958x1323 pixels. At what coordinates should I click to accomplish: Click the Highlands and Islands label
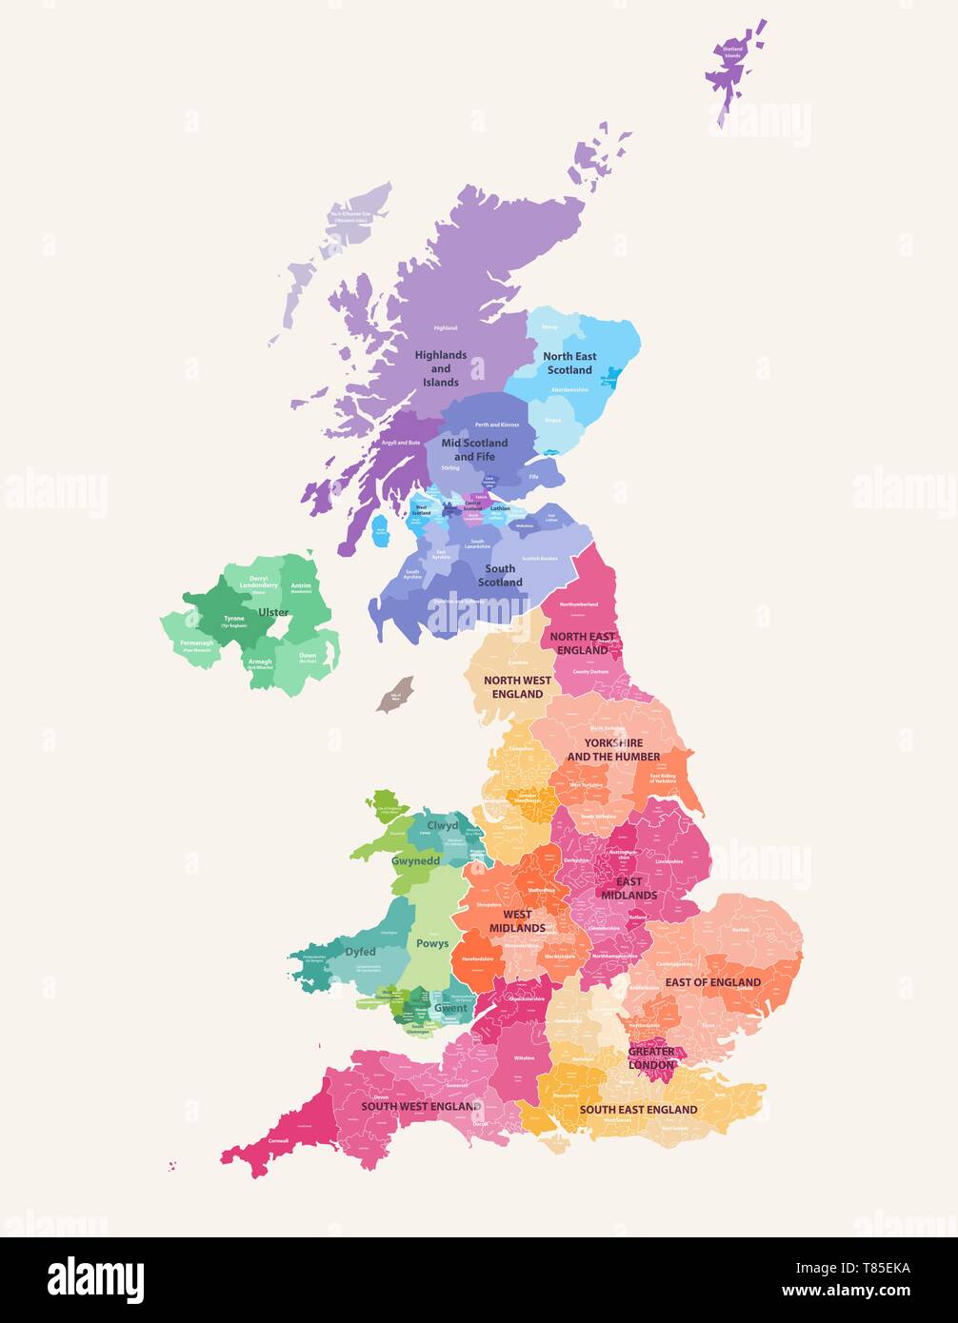coord(441,368)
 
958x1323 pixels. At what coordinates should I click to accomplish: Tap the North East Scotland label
coord(569,363)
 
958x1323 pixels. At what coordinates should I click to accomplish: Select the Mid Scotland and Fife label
coord(474,449)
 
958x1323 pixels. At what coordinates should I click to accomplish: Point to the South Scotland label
coord(500,575)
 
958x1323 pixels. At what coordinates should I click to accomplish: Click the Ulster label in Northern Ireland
coord(273,613)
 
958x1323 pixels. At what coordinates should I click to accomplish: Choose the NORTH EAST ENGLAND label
coord(582,643)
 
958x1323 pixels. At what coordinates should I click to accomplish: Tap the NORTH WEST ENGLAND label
coord(518,687)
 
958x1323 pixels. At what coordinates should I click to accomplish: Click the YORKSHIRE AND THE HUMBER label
coord(613,749)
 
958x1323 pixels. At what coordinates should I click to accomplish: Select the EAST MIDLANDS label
coord(629,888)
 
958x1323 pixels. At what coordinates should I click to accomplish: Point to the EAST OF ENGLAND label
coord(713,982)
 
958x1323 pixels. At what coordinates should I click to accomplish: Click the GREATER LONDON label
coord(651,1058)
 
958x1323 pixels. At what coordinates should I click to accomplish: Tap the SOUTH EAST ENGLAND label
coord(638,1110)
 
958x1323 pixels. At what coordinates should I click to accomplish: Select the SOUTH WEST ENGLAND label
coord(420,1107)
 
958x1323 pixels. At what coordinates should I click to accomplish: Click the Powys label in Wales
coord(432,944)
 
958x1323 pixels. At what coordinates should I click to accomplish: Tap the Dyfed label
coord(360,952)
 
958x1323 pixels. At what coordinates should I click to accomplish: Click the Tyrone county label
coord(233,620)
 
